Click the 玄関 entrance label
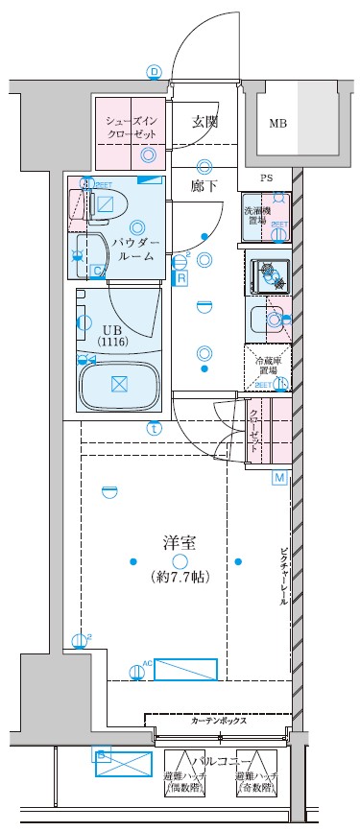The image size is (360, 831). click(x=204, y=122)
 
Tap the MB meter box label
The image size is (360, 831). click(x=277, y=123)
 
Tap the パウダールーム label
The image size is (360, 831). click(x=136, y=250)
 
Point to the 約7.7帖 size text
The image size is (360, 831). click(x=180, y=578)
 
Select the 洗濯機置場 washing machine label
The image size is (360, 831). click(x=255, y=214)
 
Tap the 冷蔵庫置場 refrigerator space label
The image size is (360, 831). click(x=266, y=365)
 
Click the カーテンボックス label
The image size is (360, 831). click(x=219, y=721)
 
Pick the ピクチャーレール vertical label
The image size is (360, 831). click(x=284, y=577)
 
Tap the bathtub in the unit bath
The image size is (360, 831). click(x=118, y=385)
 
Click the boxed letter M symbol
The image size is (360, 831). click(x=280, y=478)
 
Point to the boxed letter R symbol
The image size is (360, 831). click(x=181, y=278)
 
